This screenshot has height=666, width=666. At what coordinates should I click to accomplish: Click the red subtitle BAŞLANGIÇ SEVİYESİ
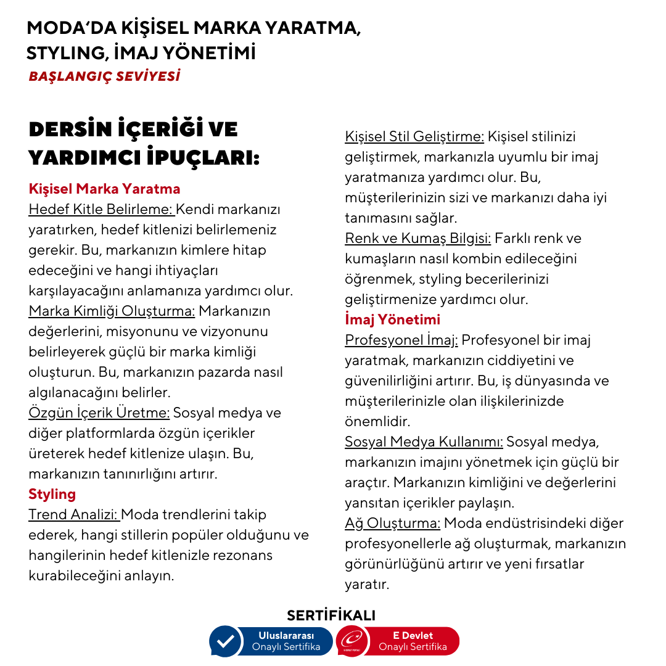pyautogui.click(x=104, y=77)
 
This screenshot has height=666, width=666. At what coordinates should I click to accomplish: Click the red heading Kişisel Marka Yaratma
pyautogui.click(x=104, y=189)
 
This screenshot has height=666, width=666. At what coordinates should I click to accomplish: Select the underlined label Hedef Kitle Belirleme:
pyautogui.click(x=101, y=209)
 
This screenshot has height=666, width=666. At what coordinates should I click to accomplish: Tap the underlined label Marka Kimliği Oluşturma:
pyautogui.click(x=112, y=311)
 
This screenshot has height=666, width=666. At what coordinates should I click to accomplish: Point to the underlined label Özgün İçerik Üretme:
pyautogui.click(x=99, y=413)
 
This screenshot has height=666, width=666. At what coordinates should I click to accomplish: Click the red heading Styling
pyautogui.click(x=52, y=494)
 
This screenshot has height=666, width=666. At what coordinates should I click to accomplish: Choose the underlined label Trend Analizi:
pyautogui.click(x=74, y=514)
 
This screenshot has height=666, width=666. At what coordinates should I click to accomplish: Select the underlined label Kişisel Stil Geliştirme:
pyautogui.click(x=414, y=136)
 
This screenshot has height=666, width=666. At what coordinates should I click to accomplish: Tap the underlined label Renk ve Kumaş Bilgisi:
pyautogui.click(x=417, y=238)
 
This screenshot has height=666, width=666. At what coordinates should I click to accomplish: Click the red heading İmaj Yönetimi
pyautogui.click(x=392, y=319)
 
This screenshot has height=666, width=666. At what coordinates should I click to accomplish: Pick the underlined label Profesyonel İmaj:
pyautogui.click(x=401, y=340)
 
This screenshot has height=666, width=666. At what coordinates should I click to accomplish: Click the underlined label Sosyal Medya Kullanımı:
pyautogui.click(x=424, y=442)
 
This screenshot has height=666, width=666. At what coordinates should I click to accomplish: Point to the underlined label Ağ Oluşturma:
pyautogui.click(x=392, y=523)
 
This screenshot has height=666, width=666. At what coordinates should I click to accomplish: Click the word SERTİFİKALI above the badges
pyautogui.click(x=331, y=615)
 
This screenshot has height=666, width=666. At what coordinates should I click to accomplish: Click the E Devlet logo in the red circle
pyautogui.click(x=352, y=641)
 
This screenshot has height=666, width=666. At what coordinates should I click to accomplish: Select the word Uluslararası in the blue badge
pyautogui.click(x=286, y=635)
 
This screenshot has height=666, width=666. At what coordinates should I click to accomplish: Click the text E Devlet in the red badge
pyautogui.click(x=413, y=635)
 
